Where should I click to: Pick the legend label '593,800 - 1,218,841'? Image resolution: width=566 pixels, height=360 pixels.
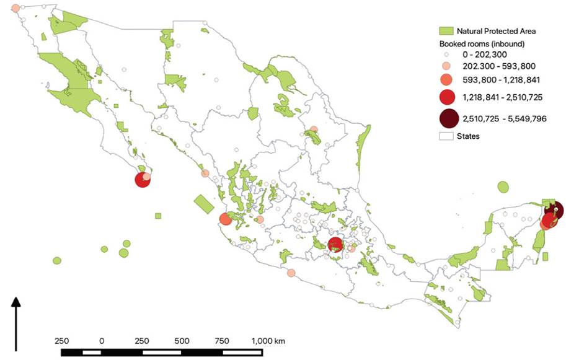coord(498,80)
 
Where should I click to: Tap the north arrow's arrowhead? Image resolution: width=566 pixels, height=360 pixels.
coord(17,303)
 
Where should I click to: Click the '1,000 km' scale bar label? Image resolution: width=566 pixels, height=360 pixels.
coord(268,341)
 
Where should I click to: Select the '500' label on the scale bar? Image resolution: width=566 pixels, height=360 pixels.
coord(182,341)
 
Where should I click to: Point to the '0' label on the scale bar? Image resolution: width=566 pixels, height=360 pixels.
coord(102,341)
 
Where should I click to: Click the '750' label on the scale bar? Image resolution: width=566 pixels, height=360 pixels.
coord(222,341)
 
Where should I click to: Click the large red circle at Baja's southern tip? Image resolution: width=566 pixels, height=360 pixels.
coord(143,180)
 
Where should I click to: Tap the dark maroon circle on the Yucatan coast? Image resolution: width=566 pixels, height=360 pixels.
coord(554,209)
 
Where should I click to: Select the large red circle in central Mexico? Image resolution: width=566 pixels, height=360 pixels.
coord(335,244)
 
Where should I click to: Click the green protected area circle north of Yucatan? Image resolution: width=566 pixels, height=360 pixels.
coord(503,187)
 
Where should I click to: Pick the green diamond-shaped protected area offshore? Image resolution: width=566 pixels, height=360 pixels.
coord(204,203)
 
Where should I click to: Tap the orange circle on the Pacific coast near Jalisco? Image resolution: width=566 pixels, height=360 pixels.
coord(225,219)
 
